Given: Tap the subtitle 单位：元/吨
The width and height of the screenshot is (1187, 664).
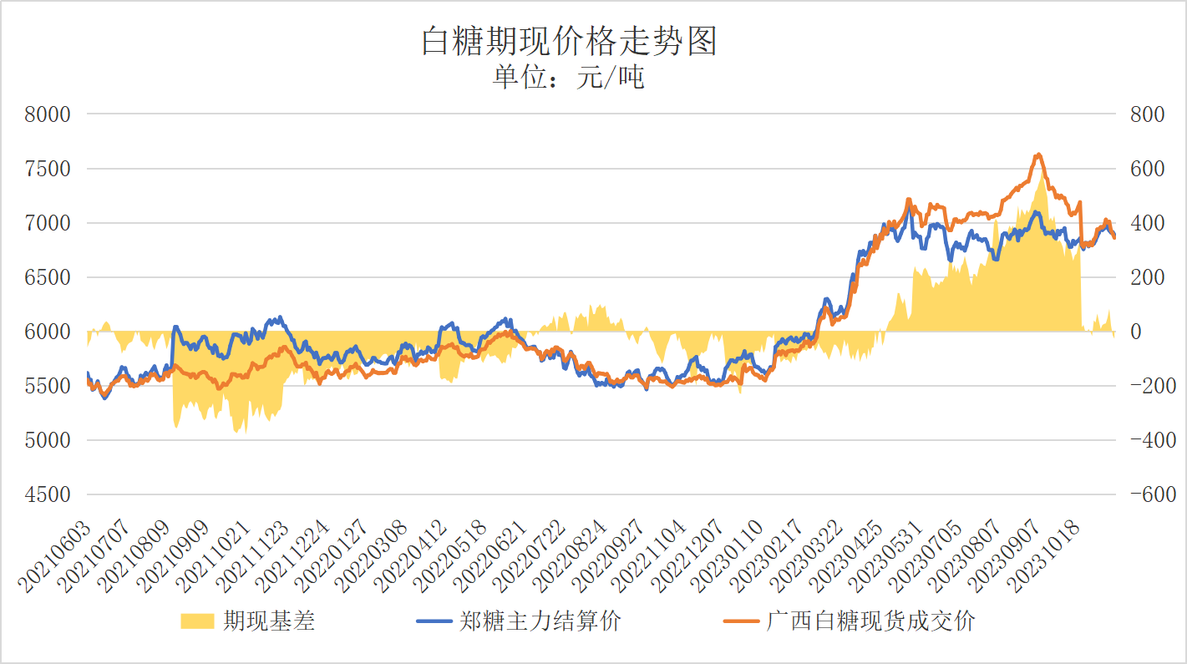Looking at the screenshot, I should [x=569, y=79].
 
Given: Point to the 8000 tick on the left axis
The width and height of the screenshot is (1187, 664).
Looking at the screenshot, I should [x=48, y=114].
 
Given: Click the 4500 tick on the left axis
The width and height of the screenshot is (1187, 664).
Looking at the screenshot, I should [x=48, y=494].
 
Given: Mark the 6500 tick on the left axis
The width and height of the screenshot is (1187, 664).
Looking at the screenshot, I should [x=48, y=277].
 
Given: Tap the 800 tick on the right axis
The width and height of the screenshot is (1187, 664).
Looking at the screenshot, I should [x=1147, y=114].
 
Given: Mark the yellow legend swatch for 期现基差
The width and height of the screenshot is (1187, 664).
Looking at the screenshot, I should [x=197, y=621].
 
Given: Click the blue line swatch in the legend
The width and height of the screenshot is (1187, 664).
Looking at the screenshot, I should [x=434, y=621].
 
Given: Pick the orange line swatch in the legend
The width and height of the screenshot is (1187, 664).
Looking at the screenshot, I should [x=742, y=621].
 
